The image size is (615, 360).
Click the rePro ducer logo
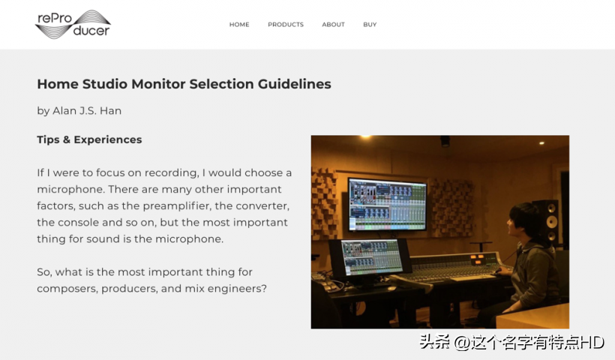coord(73,24)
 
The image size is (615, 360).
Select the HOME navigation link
coord(239,24)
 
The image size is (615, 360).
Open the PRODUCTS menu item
coord(286,24)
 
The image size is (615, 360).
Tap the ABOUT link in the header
coord(334,24)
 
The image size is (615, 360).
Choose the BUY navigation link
coord(370,24)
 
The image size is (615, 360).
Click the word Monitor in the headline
coord(158,84)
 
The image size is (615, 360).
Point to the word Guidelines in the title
coord(294,84)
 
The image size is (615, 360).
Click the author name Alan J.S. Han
coord(87,111)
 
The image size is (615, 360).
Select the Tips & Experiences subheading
coord(89,139)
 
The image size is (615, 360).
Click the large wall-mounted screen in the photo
coord(388,204)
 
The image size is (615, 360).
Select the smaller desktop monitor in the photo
coord(371,258)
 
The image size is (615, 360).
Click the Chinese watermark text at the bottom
coord(511,342)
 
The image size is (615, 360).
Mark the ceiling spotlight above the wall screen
coord(365,136)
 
